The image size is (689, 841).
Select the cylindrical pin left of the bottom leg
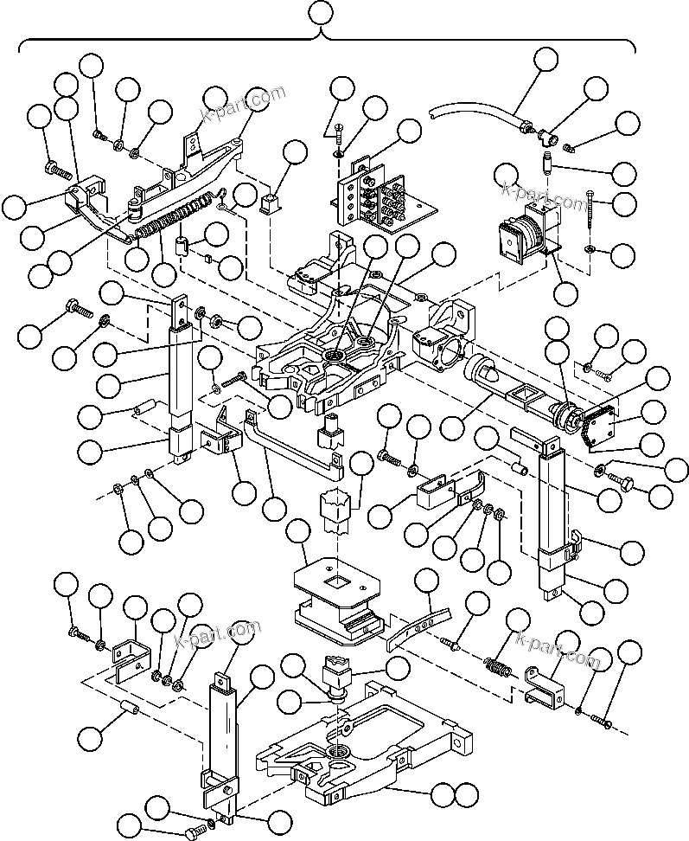(x=131, y=711)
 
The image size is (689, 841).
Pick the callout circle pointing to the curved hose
(x=545, y=60)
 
